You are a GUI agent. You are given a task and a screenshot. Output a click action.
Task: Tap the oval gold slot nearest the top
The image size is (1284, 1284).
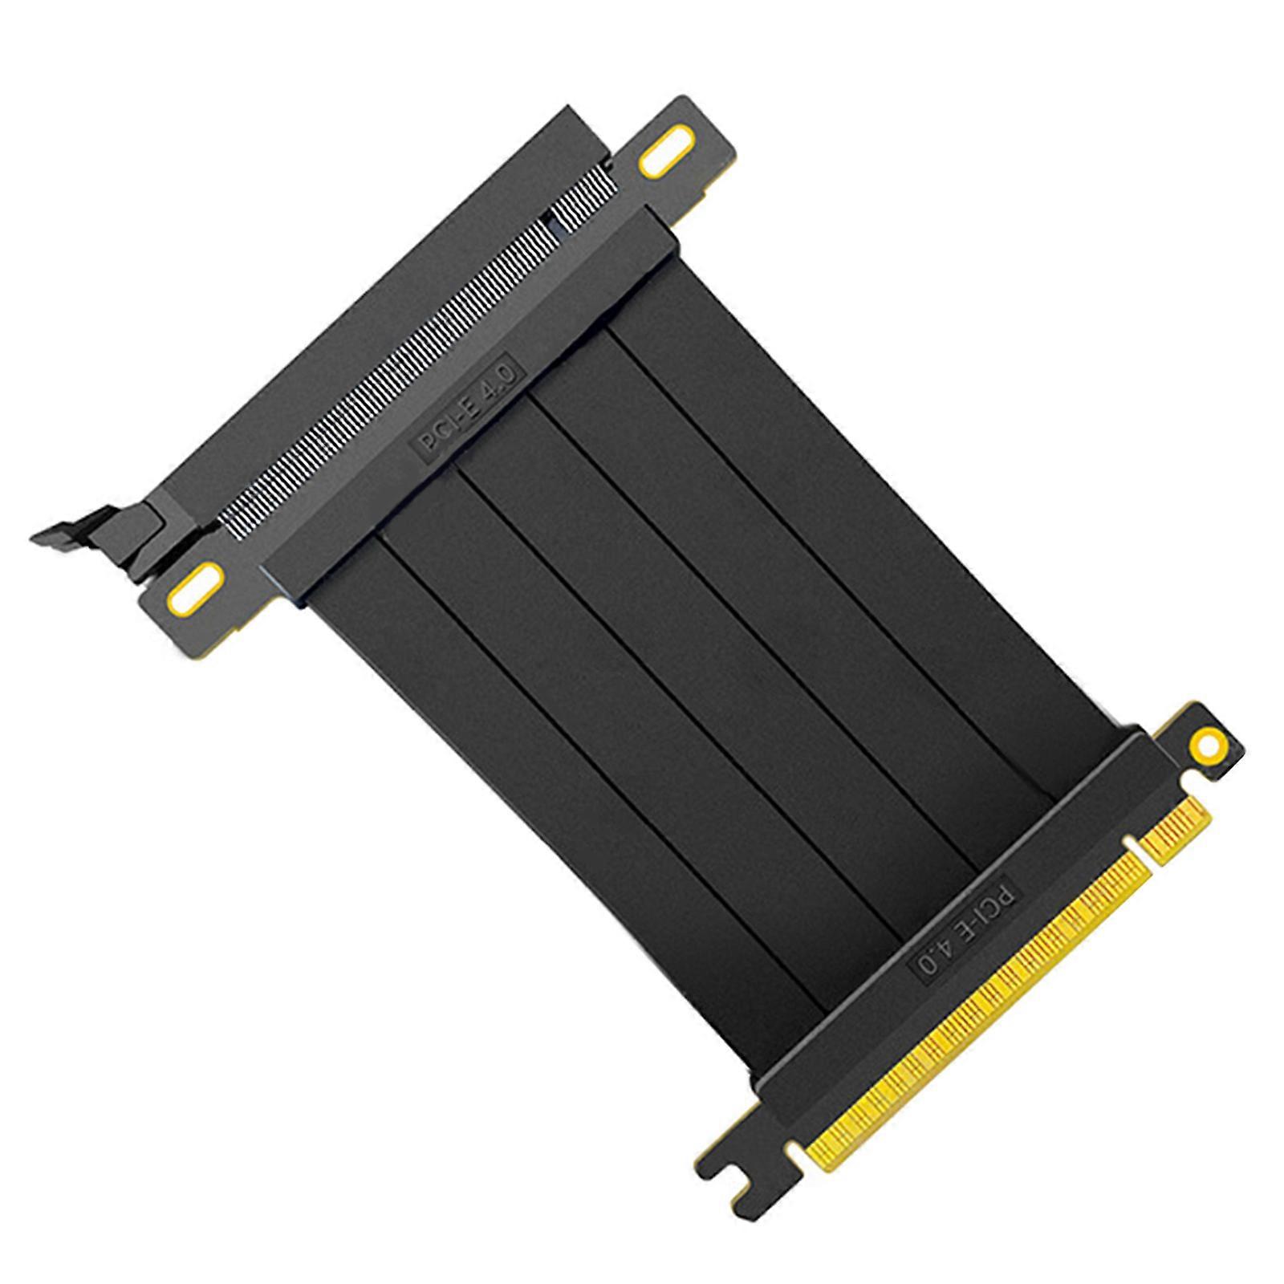pyautogui.click(x=661, y=159)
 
